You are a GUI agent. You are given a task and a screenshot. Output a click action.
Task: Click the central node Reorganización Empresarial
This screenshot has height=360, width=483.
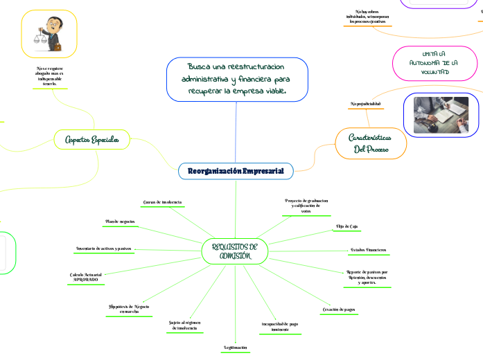(235, 170)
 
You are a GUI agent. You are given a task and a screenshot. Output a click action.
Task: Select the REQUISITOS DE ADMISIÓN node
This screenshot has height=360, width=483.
(234, 252)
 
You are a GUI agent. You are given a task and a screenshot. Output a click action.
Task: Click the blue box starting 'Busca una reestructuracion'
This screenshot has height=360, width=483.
(236, 79)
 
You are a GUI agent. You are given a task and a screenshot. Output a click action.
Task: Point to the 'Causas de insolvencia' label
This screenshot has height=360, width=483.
(162, 201)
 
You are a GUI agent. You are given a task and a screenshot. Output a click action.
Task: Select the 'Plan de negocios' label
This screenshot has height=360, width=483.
(120, 222)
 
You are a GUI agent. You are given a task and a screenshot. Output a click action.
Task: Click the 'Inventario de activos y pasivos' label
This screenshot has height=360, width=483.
(104, 248)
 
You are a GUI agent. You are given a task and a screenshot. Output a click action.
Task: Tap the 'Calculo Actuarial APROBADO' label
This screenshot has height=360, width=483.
(87, 277)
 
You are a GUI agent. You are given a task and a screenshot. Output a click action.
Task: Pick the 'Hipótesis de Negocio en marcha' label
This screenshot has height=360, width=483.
(129, 308)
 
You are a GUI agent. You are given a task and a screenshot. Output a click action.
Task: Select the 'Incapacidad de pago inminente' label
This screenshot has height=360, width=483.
(280, 326)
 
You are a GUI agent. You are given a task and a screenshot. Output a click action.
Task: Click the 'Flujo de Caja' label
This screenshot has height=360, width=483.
(346, 226)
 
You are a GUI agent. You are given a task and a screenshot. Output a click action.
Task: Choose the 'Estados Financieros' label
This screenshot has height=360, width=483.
(367, 249)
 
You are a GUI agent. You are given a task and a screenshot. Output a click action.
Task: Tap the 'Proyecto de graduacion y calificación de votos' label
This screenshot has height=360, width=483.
(306, 206)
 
